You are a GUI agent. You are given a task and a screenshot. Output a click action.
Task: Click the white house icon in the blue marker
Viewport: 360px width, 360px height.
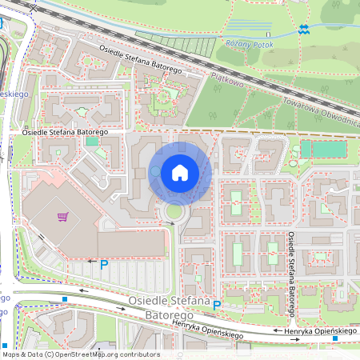click(x=180, y=172)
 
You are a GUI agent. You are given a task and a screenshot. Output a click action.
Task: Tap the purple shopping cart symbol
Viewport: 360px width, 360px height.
click(x=62, y=216)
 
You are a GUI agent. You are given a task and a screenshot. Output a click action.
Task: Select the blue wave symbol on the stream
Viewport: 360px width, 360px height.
click(x=303, y=30)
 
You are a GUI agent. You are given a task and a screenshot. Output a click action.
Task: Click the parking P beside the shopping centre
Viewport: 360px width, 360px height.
click(x=104, y=263)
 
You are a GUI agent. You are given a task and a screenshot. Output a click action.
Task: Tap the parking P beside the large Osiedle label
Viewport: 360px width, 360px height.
click(x=216, y=305)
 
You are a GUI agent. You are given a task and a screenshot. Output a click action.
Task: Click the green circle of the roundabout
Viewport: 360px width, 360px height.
click(x=174, y=212)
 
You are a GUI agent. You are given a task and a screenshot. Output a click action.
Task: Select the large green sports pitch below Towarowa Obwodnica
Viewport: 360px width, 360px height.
click(x=324, y=149)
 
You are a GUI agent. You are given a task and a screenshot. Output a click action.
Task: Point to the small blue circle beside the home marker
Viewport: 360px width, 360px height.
click(x=155, y=172)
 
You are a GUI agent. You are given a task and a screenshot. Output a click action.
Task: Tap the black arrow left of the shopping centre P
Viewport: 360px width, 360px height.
click(x=91, y=262)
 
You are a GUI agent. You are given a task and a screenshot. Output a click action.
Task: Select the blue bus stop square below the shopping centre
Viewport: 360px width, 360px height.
click(x=64, y=300)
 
